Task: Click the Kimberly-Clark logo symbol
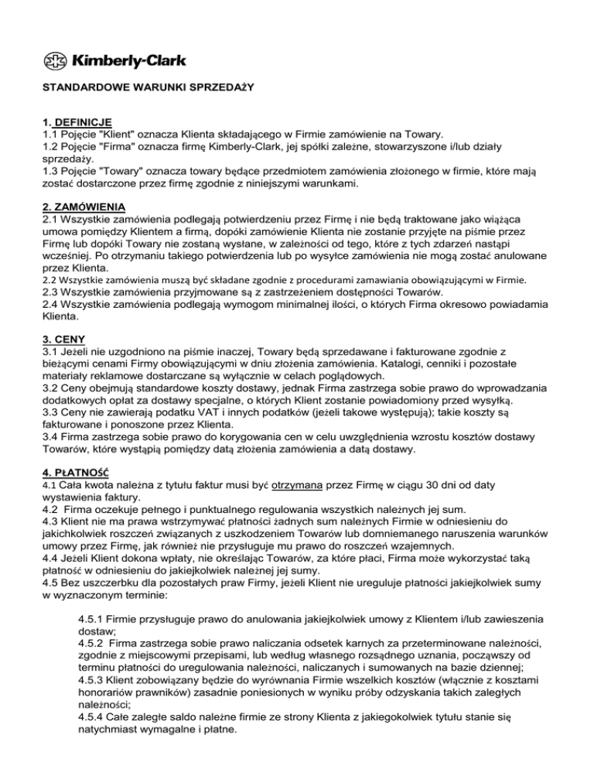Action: pyautogui.click(x=53, y=60)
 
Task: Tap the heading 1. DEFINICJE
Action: pyautogui.click(x=77, y=122)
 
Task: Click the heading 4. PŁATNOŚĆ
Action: pyautogui.click(x=77, y=471)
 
